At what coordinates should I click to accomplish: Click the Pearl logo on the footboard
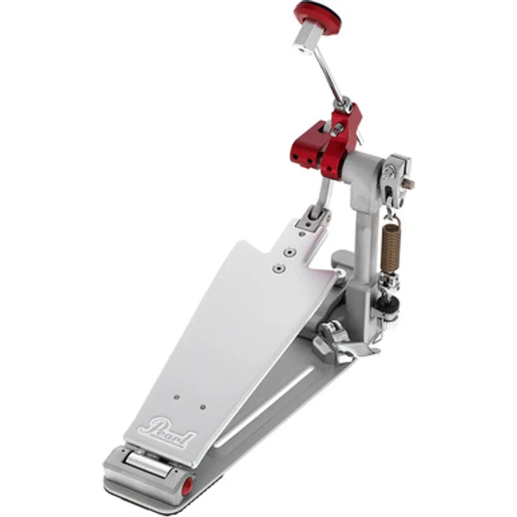click(x=167, y=426)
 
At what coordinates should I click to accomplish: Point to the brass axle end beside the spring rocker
click(x=408, y=184)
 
